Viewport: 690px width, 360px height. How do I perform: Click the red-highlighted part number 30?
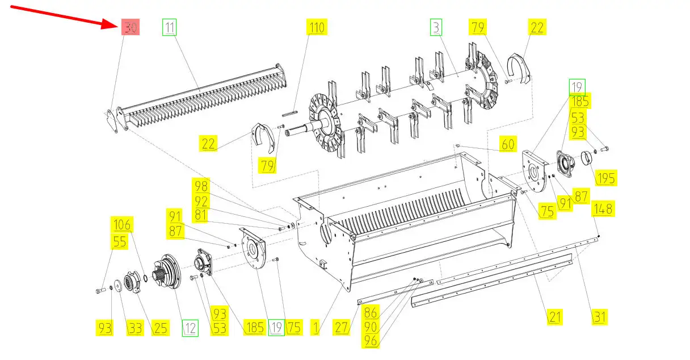pos(131,27)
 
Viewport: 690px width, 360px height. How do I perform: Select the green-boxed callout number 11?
pos(170,27)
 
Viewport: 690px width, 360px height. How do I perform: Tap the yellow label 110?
pos(316,27)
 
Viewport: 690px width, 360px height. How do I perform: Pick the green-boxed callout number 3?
pos(436,27)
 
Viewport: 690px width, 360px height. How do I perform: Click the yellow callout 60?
pos(507,144)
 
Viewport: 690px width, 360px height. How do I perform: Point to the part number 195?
pos(606,178)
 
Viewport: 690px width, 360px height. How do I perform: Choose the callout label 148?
pos(602,209)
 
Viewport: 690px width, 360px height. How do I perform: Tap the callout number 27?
pos(342,328)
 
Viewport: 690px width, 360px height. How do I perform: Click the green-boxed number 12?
pos(190,328)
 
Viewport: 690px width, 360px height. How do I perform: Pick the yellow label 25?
pos(160,328)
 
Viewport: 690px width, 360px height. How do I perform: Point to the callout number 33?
pos(134,328)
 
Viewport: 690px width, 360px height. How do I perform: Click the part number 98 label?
pos(201,186)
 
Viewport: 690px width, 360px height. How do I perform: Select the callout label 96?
pos(371,341)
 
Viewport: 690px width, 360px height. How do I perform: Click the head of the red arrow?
pos(116,24)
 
